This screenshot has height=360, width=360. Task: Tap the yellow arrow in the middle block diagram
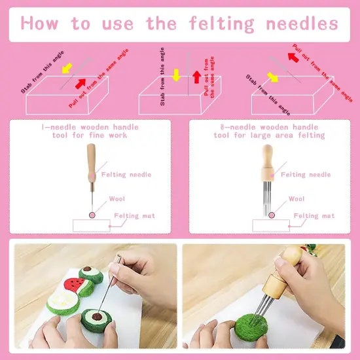pos(176,75)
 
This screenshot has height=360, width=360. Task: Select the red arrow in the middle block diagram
pos(196,76)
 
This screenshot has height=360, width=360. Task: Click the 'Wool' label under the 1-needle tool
pos(117,198)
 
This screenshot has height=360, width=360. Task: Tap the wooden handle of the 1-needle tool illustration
pos(92,156)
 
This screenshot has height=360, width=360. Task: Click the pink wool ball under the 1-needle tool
pos(92,215)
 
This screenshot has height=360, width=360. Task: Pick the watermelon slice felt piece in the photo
pos(75,287)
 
